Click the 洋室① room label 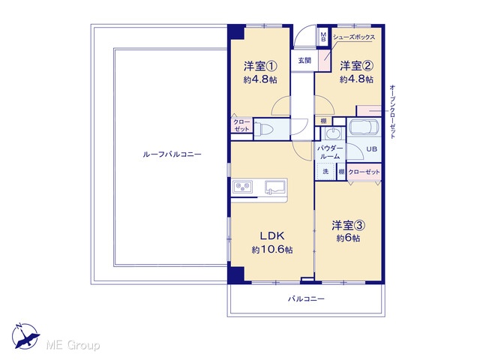pos(260,66)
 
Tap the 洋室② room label pos(356,65)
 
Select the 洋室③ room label pos(348,226)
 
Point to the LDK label pos(272,235)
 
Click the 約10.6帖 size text pos(272,250)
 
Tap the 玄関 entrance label pos(304,61)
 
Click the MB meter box pos(323,37)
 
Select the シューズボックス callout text pos(354,37)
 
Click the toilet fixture pos(264,129)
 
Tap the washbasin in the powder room pos(331,133)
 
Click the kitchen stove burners pos(243,187)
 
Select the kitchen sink pos(275,187)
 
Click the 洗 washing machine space pos(325,172)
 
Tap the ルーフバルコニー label pos(172,154)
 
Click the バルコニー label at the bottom pos(306,298)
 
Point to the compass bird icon pos(26,337)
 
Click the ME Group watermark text pos(73,345)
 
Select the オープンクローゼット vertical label pos(393,112)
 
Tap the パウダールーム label pos(330,152)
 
